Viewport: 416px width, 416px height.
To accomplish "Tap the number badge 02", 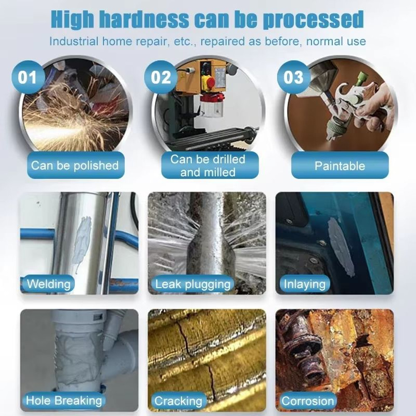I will pyautogui.click(x=161, y=78).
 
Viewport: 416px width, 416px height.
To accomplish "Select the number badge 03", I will pyautogui.click(x=294, y=78).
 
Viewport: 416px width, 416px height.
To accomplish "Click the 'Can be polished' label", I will pyautogui.click(x=75, y=166).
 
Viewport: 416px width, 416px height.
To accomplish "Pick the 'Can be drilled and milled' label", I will pyautogui.click(x=208, y=165).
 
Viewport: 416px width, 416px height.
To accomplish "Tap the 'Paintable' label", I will pyautogui.click(x=339, y=166).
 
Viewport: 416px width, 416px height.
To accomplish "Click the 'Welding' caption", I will pyautogui.click(x=49, y=285).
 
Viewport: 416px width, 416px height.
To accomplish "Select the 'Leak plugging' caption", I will pyautogui.click(x=193, y=285).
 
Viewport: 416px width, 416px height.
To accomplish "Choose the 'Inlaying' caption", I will pyautogui.click(x=305, y=285).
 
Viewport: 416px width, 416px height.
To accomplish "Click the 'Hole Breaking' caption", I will pyautogui.click(x=64, y=401).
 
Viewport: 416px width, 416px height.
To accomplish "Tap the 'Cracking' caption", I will pyautogui.click(x=178, y=401).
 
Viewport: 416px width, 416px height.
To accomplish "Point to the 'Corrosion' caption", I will pyautogui.click(x=308, y=401).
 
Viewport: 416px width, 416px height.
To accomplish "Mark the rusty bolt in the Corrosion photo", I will pyautogui.click(x=306, y=349).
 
